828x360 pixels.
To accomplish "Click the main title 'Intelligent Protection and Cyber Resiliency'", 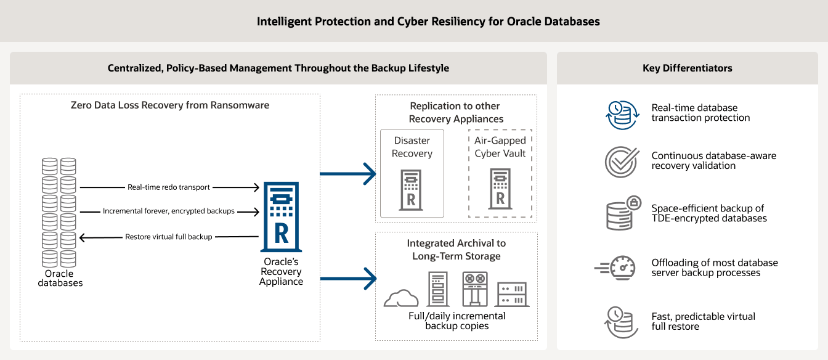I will (x=428, y=22).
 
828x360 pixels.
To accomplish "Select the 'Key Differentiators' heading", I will (x=688, y=68).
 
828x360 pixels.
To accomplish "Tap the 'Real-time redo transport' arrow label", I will (x=168, y=187).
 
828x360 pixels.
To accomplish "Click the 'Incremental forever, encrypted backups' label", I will (x=168, y=211).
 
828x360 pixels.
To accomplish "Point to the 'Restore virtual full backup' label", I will (x=168, y=237).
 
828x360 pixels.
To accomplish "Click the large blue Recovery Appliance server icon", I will (x=281, y=216).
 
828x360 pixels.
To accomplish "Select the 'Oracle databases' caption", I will (x=60, y=279).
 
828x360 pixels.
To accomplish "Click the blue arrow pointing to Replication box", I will (x=348, y=174).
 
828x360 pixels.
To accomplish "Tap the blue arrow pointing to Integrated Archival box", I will (x=348, y=278).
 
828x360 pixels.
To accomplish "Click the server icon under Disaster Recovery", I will (x=412, y=189).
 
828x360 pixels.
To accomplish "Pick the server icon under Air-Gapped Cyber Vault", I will (x=500, y=189).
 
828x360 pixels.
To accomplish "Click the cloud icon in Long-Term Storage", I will (x=401, y=298).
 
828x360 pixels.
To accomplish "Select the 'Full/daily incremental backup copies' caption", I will (x=457, y=321).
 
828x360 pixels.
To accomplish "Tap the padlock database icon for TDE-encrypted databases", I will (x=621, y=213).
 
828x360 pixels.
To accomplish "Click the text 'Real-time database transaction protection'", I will (x=700, y=113).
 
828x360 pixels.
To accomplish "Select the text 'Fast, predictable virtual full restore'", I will (x=703, y=321).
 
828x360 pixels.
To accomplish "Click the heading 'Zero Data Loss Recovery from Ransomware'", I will (x=170, y=105).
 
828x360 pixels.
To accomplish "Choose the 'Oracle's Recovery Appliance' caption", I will (x=281, y=272).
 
